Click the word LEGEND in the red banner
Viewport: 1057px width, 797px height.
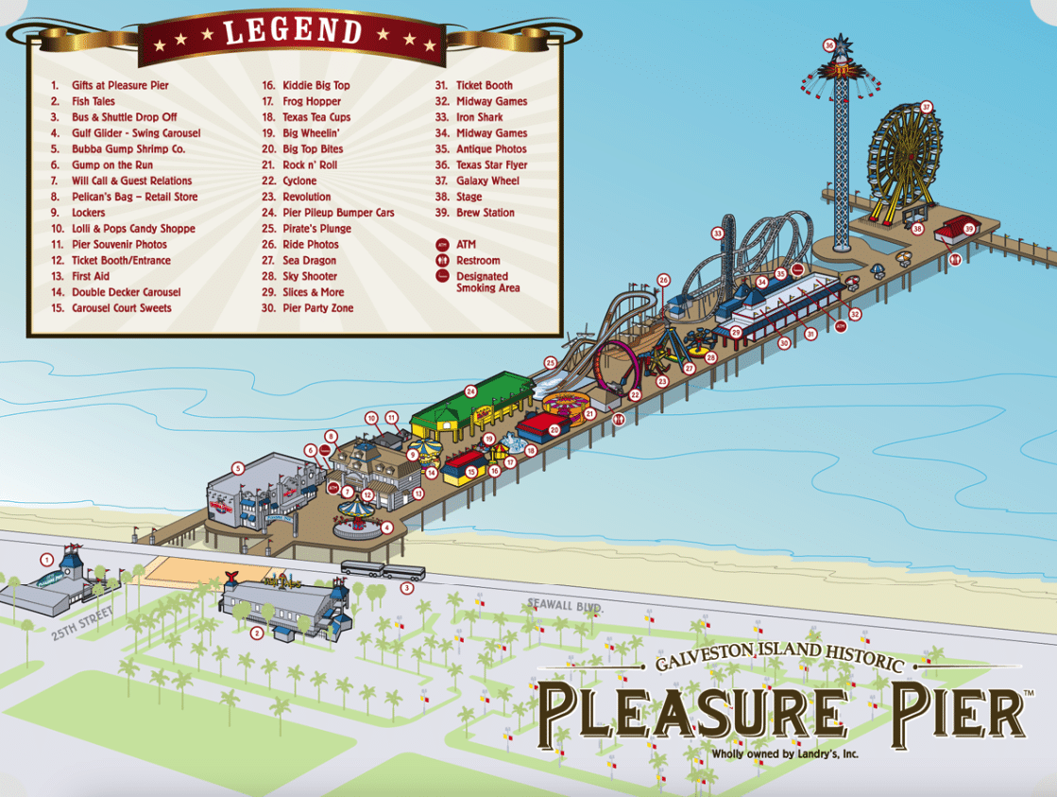pyautogui.click(x=293, y=32)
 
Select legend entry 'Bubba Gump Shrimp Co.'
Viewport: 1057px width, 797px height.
pyautogui.click(x=128, y=149)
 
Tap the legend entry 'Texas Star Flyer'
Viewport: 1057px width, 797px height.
pyautogui.click(x=491, y=165)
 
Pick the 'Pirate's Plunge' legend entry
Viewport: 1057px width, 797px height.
pyautogui.click(x=316, y=229)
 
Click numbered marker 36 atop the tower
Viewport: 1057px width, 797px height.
pyautogui.click(x=829, y=44)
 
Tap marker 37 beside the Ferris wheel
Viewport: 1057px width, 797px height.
pyautogui.click(x=927, y=107)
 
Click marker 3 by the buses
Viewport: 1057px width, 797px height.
pyautogui.click(x=407, y=588)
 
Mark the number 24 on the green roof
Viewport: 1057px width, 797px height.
pyautogui.click(x=470, y=391)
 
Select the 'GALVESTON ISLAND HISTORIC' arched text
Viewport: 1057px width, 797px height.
pyautogui.click(x=779, y=658)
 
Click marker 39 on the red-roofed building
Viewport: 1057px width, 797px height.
pyautogui.click(x=968, y=229)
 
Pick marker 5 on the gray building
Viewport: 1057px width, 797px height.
pyautogui.click(x=238, y=467)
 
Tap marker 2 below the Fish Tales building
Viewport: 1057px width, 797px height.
pyautogui.click(x=256, y=633)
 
